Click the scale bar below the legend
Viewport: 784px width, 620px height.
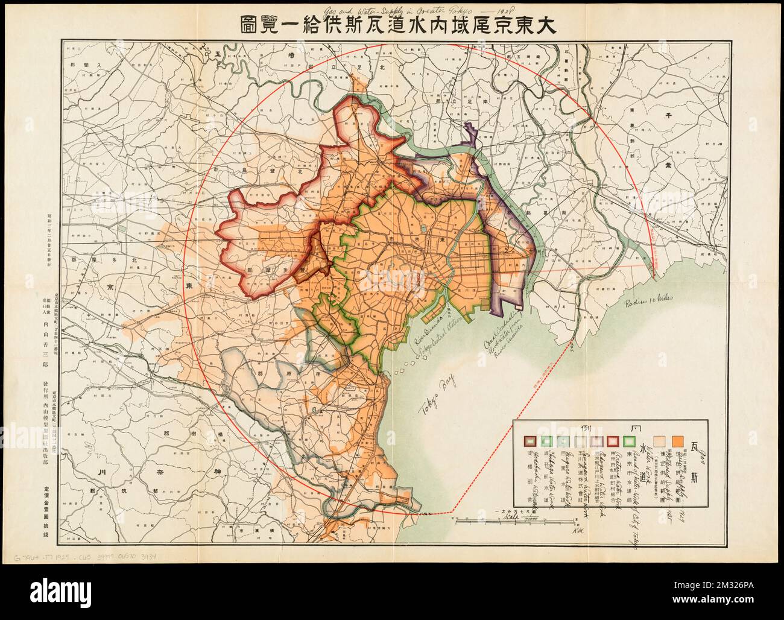click(495, 520)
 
